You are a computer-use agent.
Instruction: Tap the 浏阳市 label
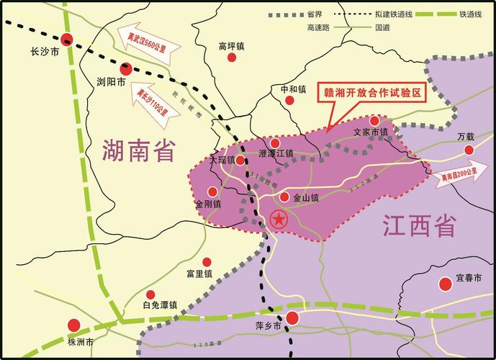tap(111, 84)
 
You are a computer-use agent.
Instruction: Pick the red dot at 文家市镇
tap(374, 120)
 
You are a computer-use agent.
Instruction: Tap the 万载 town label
tap(466, 137)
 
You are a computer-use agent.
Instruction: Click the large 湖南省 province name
tap(140, 153)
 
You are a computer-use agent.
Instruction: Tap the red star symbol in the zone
tap(278, 220)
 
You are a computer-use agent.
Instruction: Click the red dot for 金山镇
tap(284, 197)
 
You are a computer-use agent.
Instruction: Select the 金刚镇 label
tap(209, 204)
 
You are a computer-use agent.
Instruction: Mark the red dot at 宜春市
tap(446, 285)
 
